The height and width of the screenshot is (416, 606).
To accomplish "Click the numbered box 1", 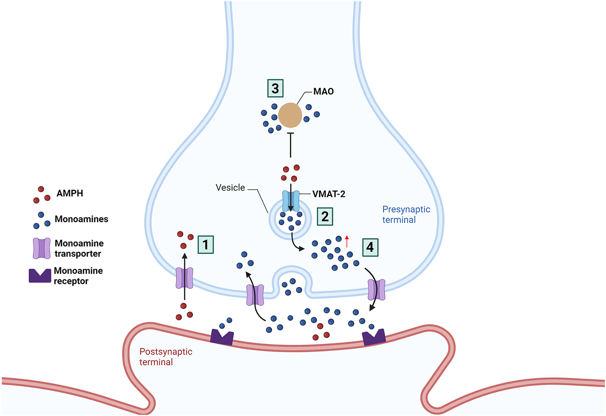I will [x=206, y=244].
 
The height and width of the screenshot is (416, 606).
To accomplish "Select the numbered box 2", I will [x=325, y=216].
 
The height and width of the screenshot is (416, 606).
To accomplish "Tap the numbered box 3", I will [x=275, y=88].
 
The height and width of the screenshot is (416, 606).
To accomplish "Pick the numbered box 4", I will [x=370, y=247].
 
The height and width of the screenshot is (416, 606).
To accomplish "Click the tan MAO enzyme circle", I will [x=290, y=115].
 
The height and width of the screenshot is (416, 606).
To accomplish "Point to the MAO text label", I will [x=324, y=92].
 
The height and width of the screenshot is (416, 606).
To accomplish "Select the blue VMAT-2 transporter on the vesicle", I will [x=291, y=201].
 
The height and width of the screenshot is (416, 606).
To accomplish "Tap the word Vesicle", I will [x=231, y=188].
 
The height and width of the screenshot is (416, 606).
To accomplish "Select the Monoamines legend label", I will [x=82, y=219].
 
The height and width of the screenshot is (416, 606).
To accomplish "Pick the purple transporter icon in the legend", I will [x=41, y=248].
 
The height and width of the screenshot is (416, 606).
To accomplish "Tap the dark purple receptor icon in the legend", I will [x=40, y=276].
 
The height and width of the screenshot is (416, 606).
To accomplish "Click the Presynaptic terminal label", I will [x=406, y=215].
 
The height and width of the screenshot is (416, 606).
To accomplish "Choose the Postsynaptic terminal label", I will [x=165, y=357].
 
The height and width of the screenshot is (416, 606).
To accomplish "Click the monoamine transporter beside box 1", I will [x=185, y=278].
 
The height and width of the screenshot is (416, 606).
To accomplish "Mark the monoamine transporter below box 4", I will [x=376, y=289].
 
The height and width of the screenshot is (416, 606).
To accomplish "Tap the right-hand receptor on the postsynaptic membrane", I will [x=374, y=338].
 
